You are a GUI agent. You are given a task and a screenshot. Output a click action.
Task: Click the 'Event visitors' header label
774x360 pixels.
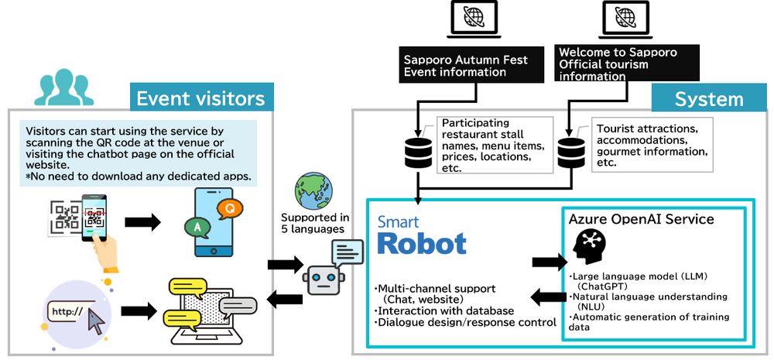200,98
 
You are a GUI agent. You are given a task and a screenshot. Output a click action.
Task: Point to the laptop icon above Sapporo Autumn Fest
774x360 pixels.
473,19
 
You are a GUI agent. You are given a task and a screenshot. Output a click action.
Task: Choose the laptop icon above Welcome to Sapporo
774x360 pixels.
624,19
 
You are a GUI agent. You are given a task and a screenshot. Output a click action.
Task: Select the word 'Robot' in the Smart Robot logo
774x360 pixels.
422,242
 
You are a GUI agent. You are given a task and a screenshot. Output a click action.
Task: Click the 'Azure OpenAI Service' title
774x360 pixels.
642,219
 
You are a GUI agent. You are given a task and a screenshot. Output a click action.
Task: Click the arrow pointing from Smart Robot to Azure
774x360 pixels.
549,262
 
